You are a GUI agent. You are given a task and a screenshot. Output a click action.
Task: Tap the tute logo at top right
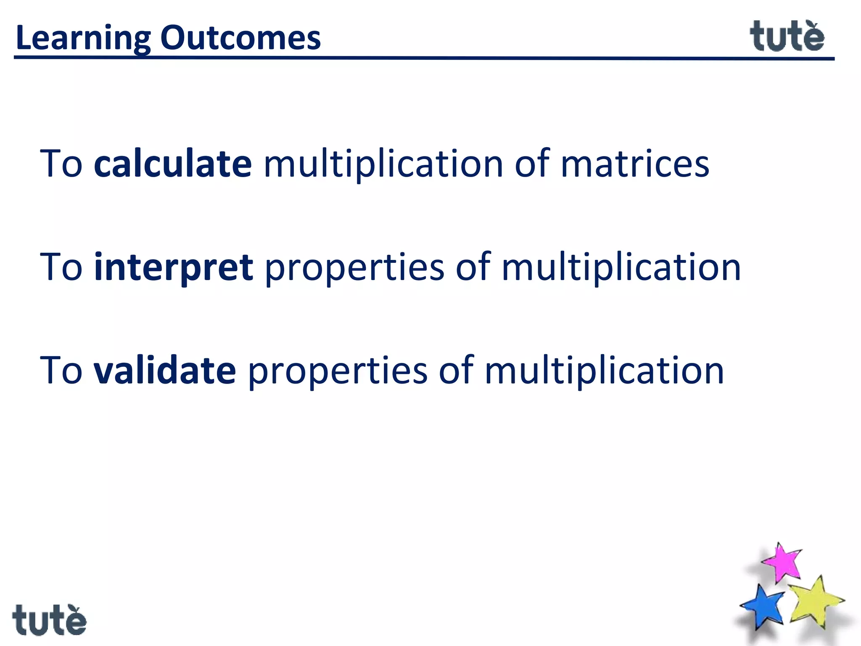(x=787, y=37)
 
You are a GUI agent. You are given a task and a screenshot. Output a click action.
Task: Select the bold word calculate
(x=173, y=164)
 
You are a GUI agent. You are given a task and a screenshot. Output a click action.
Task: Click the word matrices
(x=635, y=164)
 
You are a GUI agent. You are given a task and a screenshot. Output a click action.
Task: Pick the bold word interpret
(x=174, y=267)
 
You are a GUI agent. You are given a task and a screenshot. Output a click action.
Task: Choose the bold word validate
(x=165, y=371)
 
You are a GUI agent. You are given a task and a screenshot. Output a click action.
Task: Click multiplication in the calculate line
(x=383, y=164)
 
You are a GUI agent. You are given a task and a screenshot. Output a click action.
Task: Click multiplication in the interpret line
(x=621, y=267)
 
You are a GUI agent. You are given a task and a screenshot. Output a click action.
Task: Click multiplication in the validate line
(x=604, y=371)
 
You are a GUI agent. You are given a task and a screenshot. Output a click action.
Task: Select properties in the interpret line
(x=354, y=267)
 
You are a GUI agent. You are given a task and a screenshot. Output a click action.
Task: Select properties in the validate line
(x=338, y=371)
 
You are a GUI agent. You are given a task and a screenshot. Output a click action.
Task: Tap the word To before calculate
(x=61, y=164)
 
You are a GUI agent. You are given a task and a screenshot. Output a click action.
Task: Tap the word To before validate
(x=61, y=371)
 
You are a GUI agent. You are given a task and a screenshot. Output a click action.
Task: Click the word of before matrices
(x=532, y=164)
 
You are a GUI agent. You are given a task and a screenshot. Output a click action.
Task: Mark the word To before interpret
(x=61, y=267)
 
